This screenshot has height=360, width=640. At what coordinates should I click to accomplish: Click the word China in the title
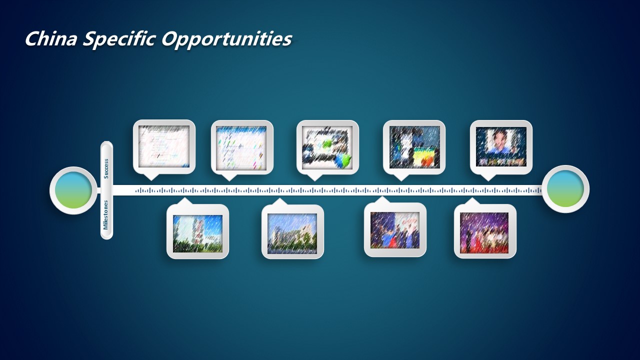tap(51, 39)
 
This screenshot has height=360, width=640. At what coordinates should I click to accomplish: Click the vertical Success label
tap(106, 169)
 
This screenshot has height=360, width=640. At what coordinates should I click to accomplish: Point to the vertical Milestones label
tap(105, 215)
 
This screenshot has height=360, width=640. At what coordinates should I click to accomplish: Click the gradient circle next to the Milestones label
tap(73, 190)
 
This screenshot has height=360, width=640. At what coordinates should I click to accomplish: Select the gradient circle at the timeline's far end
tap(565, 189)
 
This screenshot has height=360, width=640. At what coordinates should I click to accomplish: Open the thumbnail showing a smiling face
tap(501, 147)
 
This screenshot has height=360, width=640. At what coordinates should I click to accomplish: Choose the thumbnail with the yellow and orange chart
tap(414, 147)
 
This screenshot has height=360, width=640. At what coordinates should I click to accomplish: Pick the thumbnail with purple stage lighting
tap(484, 233)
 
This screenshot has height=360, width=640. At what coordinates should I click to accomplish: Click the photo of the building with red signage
tap(197, 233)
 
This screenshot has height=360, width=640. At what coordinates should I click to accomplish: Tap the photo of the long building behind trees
tap(292, 233)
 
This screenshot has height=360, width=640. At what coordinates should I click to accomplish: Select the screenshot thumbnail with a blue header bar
tap(241, 147)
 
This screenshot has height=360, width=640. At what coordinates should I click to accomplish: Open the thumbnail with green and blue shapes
tap(327, 147)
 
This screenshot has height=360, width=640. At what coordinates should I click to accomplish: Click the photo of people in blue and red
tap(395, 230)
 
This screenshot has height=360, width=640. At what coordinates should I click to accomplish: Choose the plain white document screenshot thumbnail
tap(164, 146)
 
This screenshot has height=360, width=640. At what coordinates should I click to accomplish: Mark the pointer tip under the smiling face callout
tap(488, 181)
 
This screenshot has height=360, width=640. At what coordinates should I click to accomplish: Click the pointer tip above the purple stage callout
tap(472, 197)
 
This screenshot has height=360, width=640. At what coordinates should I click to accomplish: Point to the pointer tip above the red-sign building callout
tap(184, 197)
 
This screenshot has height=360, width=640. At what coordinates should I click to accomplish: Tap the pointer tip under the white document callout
tap(151, 180)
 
